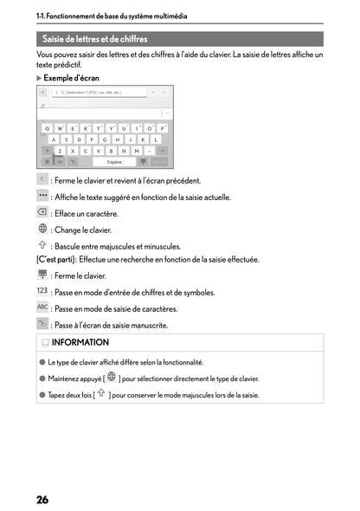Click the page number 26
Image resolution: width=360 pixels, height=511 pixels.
(42, 499)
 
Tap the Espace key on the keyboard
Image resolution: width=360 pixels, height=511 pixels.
(113, 161)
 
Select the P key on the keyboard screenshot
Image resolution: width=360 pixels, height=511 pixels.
(162, 127)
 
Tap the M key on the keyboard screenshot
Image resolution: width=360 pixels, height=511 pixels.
(136, 150)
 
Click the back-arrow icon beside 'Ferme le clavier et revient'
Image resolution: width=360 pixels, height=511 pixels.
(42, 179)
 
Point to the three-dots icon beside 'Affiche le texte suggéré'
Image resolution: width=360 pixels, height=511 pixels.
(42, 197)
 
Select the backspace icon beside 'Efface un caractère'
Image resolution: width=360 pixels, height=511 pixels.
(42, 212)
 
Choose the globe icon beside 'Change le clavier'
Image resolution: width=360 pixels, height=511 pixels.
(42, 229)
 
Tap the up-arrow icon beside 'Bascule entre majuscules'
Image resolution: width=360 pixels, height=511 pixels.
(42, 245)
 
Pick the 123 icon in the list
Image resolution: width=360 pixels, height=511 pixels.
(42, 291)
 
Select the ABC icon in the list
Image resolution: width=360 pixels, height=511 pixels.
(42, 307)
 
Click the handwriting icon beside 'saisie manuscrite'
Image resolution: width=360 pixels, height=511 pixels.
(42, 324)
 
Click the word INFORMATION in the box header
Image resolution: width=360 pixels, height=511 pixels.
(80, 343)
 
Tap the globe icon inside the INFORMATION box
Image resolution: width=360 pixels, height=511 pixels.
(111, 378)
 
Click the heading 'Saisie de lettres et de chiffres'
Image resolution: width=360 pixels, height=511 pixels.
(95, 39)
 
